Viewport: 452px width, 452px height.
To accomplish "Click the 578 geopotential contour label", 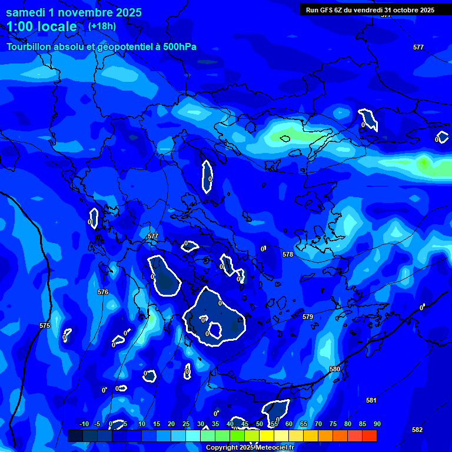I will [x=287, y=255].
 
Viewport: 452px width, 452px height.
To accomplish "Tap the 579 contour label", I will [x=308, y=317].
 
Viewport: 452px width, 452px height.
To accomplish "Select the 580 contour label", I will [x=335, y=369].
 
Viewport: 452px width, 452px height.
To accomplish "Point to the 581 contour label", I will [x=371, y=400].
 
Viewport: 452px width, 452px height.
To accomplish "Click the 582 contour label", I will [x=417, y=430].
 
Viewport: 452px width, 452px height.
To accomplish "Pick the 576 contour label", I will [x=103, y=292].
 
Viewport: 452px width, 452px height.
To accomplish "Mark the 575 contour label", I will [x=45, y=325].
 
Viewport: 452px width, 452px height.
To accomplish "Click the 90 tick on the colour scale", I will [x=377, y=424].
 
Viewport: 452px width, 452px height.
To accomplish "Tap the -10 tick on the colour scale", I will [x=84, y=424].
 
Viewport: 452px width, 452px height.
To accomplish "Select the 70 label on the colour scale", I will [x=318, y=424].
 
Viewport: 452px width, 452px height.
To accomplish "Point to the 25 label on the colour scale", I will [x=186, y=424].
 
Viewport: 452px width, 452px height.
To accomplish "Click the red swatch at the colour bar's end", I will [x=370, y=436].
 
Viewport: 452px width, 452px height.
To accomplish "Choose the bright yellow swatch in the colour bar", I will [x=267, y=436].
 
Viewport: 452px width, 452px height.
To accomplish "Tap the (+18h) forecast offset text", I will [x=102, y=26].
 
